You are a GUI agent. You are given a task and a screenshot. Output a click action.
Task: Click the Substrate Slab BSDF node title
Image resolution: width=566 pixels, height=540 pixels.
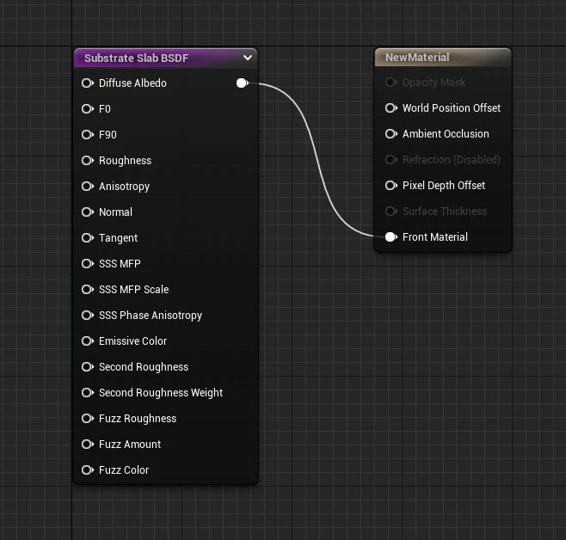pyautogui.click(x=136, y=58)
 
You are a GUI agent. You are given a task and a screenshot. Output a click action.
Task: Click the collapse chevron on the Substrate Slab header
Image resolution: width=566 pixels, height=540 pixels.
pyautogui.click(x=247, y=58)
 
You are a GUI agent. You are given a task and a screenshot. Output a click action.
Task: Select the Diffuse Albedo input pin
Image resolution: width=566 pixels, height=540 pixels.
pyautogui.click(x=88, y=83)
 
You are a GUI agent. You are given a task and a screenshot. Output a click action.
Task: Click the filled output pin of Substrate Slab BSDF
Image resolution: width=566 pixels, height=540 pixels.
pyautogui.click(x=243, y=83)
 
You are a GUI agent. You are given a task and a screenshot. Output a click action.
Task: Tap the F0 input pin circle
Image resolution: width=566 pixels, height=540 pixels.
pyautogui.click(x=88, y=109)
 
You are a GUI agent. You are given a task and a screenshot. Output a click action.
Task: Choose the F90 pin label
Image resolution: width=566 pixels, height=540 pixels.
pyautogui.click(x=108, y=134)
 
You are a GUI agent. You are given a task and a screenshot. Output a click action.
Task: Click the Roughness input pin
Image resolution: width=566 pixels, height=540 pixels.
pyautogui.click(x=88, y=161)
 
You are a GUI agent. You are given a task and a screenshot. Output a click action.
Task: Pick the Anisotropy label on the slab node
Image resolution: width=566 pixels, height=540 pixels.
pyautogui.click(x=124, y=187)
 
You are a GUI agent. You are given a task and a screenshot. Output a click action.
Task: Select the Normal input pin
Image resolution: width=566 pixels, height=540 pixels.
pyautogui.click(x=88, y=212)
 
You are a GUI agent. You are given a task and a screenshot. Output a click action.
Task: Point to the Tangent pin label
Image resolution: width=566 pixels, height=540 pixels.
pyautogui.click(x=118, y=238)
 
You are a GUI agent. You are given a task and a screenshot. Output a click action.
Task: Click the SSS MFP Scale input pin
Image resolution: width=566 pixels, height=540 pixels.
pyautogui.click(x=88, y=289)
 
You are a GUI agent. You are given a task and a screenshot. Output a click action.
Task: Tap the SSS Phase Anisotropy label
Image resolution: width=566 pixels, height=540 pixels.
pyautogui.click(x=151, y=316)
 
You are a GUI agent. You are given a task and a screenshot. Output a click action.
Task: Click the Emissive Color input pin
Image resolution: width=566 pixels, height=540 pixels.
pyautogui.click(x=88, y=341)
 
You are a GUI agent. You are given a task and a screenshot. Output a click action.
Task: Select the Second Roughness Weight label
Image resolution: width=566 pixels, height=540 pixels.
pyautogui.click(x=161, y=393)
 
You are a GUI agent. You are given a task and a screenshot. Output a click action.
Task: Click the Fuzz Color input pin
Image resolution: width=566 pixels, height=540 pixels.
pyautogui.click(x=88, y=470)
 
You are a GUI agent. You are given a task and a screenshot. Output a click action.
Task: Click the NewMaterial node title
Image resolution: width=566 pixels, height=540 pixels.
pyautogui.click(x=417, y=58)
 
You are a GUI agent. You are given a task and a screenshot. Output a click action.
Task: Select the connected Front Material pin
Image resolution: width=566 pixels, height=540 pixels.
pyautogui.click(x=391, y=237)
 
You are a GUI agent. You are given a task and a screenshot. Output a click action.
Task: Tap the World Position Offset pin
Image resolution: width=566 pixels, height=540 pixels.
pyautogui.click(x=391, y=107)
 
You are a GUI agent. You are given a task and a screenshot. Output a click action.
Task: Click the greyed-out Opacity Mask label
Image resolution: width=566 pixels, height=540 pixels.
pyautogui.click(x=434, y=83)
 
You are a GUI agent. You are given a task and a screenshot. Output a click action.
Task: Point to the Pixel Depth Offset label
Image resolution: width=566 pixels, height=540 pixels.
pyautogui.click(x=444, y=186)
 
